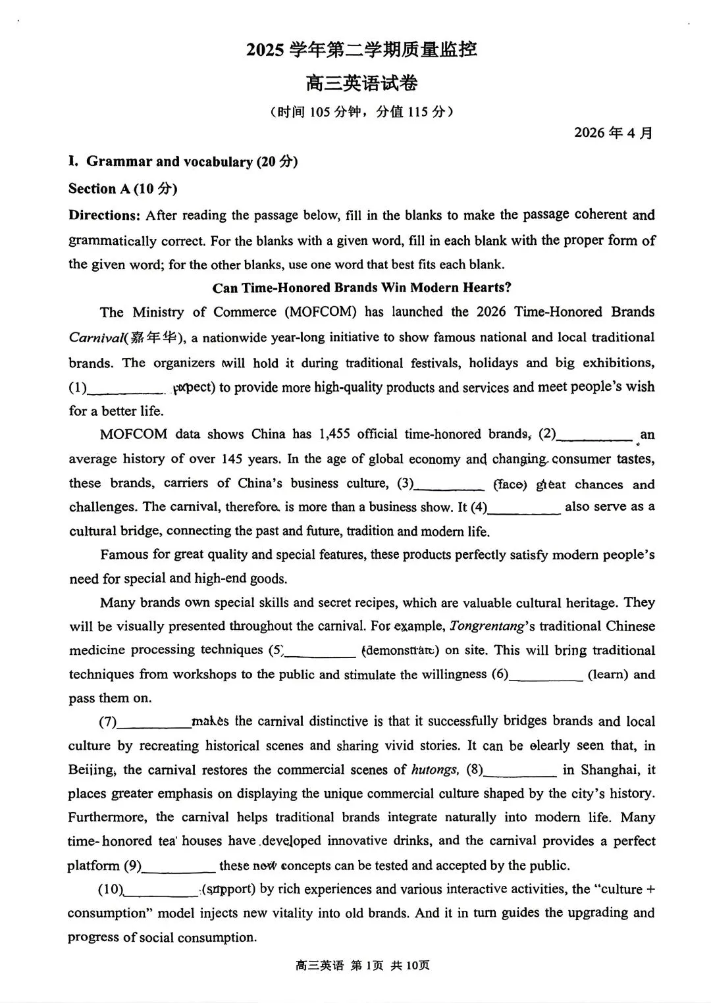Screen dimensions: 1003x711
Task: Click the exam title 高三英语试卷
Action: pos(361,84)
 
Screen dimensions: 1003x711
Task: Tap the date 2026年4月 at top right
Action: pos(614,132)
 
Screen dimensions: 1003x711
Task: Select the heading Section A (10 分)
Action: pos(123,189)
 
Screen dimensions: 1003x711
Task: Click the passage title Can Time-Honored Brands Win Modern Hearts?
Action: pos(362,288)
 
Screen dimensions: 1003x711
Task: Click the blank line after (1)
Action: pos(125,390)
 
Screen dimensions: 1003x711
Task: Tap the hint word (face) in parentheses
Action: pos(510,485)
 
